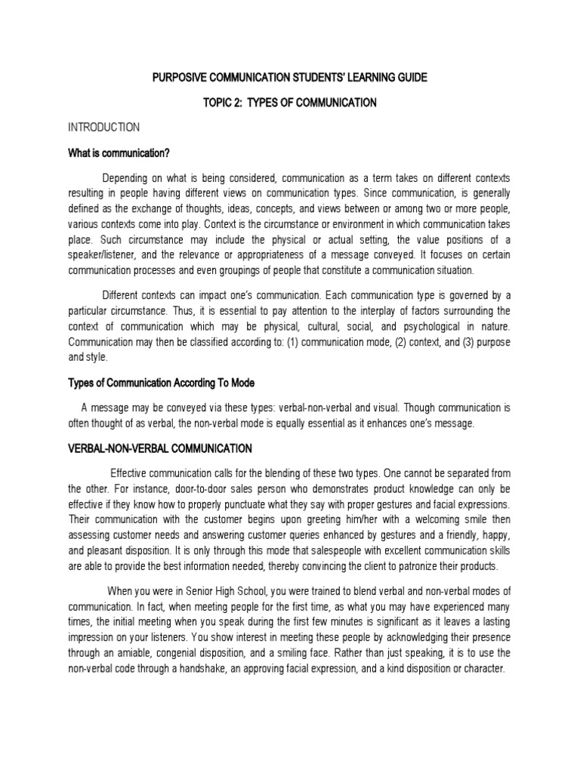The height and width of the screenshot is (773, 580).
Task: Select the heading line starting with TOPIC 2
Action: pyautogui.click(x=289, y=103)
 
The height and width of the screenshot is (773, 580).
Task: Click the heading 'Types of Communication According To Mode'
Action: pyautogui.click(x=166, y=383)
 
